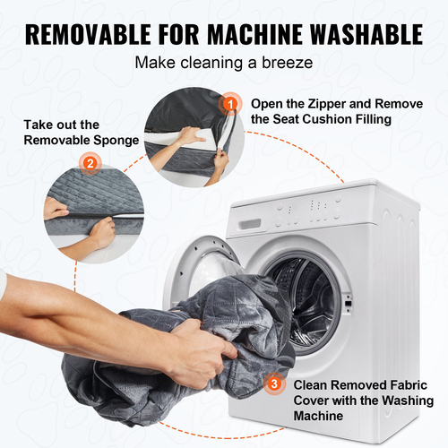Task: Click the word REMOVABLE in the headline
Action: (x=88, y=34)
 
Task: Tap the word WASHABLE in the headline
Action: (x=366, y=34)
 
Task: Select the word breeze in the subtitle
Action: (x=288, y=63)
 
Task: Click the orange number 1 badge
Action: (x=230, y=104)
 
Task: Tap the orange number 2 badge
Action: (x=90, y=163)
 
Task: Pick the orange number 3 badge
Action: (x=274, y=383)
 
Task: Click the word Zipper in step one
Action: (x=327, y=104)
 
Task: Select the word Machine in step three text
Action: (x=318, y=416)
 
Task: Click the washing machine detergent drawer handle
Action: (x=249, y=224)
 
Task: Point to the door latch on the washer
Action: (x=348, y=303)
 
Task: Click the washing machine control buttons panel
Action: (x=309, y=211)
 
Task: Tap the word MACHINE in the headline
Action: (x=254, y=34)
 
